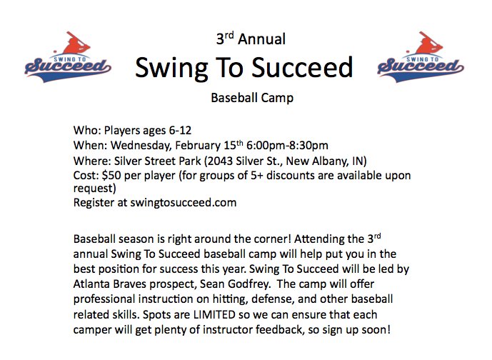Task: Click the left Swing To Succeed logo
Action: pyautogui.click(x=69, y=56)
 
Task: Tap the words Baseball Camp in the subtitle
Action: pyautogui.click(x=252, y=98)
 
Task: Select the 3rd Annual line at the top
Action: pyautogui.click(x=251, y=39)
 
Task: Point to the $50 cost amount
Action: pyautogui.click(x=111, y=175)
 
